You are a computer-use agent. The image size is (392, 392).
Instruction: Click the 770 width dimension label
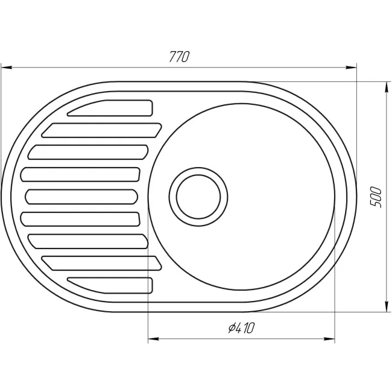click(180, 57)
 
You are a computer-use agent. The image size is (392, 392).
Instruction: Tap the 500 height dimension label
click(376, 197)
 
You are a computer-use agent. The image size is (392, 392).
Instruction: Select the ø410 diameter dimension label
click(241, 327)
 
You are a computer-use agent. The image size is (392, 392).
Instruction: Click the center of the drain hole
click(198, 197)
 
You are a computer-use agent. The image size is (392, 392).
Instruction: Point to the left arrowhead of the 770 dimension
click(7, 68)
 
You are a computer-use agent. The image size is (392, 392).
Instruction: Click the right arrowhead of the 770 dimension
click(351, 68)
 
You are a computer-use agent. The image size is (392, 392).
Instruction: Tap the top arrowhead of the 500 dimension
click(387, 87)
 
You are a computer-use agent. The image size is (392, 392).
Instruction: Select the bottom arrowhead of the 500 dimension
click(387, 306)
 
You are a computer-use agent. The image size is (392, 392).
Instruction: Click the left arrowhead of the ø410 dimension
click(154, 339)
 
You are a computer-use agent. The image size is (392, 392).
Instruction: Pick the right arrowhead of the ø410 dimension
click(329, 339)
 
